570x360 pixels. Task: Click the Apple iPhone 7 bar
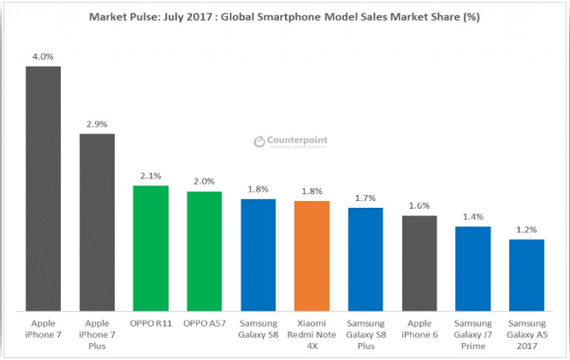[x=43, y=188]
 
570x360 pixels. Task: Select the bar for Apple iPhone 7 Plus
[x=97, y=221]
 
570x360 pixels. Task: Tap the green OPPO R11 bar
[x=151, y=248]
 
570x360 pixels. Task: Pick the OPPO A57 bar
[x=204, y=251]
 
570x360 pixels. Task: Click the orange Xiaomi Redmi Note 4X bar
[x=312, y=256]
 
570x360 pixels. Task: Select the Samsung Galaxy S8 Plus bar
[x=365, y=259]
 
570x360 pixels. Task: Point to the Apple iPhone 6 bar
[x=419, y=263]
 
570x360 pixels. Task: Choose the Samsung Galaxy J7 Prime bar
[x=472, y=269]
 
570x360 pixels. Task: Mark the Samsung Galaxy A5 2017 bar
[x=526, y=275]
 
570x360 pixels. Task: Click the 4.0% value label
[x=43, y=57]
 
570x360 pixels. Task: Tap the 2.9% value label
[x=97, y=125]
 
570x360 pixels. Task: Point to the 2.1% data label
[x=151, y=177]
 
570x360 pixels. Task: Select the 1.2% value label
[x=526, y=231]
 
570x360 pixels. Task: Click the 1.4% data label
[x=472, y=218]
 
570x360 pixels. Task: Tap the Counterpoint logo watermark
[x=291, y=143]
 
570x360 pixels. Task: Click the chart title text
[x=286, y=16]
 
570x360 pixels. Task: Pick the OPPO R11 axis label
[x=151, y=325]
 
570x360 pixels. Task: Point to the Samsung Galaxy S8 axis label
[x=258, y=330]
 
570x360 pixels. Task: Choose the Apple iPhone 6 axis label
[x=419, y=330]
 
